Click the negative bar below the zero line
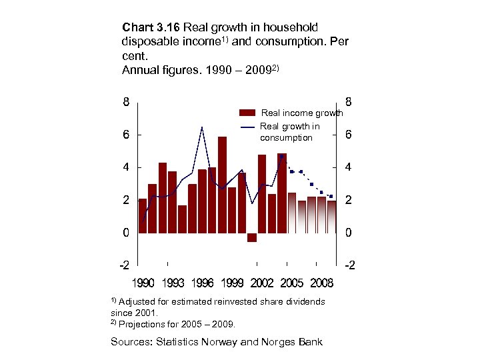[x=252, y=237]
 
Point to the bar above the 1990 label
[x=142, y=216]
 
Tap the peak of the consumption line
[x=201, y=127]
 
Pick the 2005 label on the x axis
[x=291, y=283]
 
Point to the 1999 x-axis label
[x=232, y=283]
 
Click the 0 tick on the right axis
[x=350, y=233]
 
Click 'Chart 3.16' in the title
[x=151, y=28]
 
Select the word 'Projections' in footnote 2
[x=143, y=325]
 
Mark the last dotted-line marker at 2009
[x=331, y=197]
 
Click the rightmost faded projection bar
[x=331, y=217]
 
